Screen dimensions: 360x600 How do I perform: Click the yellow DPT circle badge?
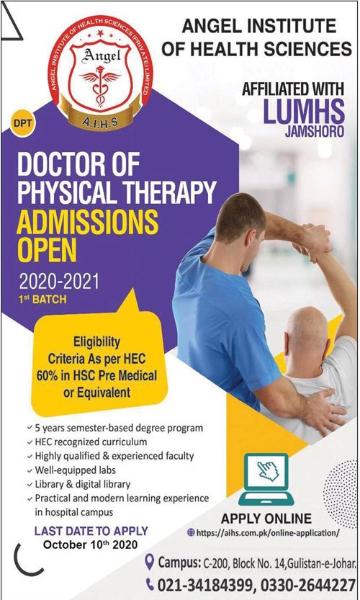tap(22, 124)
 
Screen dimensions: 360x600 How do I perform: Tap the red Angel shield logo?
tap(100, 73)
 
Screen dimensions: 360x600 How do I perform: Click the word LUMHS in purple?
tap(303, 111)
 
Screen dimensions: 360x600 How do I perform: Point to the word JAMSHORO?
tap(315, 131)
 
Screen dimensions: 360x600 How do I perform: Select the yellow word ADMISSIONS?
tap(87, 223)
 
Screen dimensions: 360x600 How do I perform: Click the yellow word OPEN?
tap(47, 250)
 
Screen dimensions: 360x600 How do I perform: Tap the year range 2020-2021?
tap(59, 282)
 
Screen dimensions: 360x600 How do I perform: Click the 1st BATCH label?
tap(42, 299)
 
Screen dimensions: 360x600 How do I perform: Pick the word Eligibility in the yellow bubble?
tap(96, 341)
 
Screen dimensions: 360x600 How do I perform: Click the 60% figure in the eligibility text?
tap(47, 375)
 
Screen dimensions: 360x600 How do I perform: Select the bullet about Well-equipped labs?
tap(72, 470)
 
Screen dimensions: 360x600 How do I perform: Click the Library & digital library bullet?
tap(78, 484)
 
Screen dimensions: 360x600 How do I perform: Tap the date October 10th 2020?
tap(90, 544)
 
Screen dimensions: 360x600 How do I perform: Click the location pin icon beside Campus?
tap(149, 562)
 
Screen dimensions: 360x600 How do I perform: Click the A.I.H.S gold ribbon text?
tap(100, 122)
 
